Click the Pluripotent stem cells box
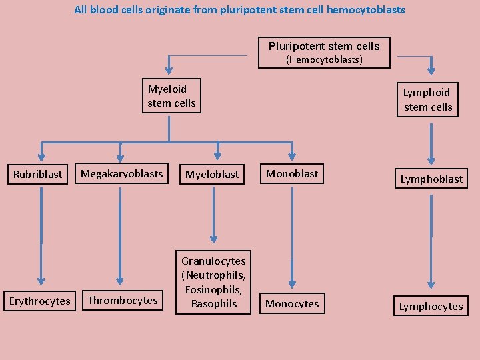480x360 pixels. click(324, 53)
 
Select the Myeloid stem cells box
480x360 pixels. click(171, 96)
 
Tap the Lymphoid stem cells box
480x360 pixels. click(427, 99)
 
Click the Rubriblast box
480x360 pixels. click(38, 174)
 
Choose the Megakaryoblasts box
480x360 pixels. click(121, 174)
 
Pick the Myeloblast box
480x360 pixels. click(212, 174)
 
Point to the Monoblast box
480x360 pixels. click(292, 174)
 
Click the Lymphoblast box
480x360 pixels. click(431, 179)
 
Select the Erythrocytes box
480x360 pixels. click(39, 301)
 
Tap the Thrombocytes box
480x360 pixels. click(123, 301)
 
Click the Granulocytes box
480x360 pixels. click(213, 283)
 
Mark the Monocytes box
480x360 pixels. click(292, 304)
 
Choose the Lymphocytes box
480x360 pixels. click(431, 307)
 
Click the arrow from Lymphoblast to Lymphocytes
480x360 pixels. click(431, 240)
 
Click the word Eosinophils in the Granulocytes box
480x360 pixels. click(213, 290)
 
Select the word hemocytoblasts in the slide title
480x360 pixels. click(365, 10)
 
